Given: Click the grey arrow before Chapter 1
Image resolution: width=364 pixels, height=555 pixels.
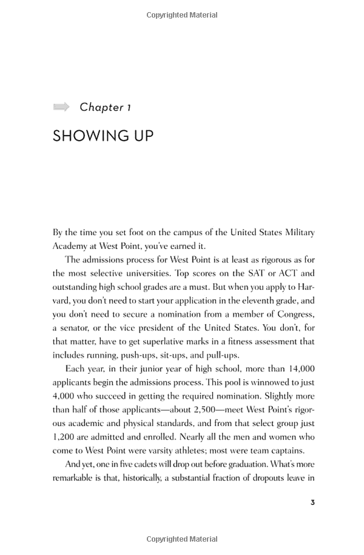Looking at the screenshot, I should click(x=61, y=107).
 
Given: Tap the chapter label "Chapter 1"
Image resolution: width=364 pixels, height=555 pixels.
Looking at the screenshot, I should click(x=106, y=107).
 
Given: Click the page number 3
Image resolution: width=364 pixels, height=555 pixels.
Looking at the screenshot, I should click(x=312, y=502).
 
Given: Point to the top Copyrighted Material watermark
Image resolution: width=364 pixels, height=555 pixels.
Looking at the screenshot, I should click(x=182, y=15).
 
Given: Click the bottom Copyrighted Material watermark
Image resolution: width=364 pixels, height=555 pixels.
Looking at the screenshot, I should click(x=182, y=539).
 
